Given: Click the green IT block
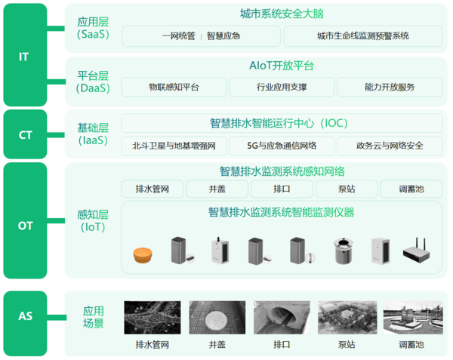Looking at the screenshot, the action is [x=25, y=55].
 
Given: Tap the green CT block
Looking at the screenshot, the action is [x=25, y=134].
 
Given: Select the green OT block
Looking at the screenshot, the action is [x=25, y=220].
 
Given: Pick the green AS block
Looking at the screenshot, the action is [x=25, y=323].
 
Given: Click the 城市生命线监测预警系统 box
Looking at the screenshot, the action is [x=363, y=36].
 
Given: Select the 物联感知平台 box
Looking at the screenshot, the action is [x=174, y=87].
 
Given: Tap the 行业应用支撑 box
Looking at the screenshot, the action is [x=282, y=87].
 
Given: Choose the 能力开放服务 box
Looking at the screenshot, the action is [x=390, y=87].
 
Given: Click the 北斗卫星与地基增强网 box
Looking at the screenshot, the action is [x=174, y=146].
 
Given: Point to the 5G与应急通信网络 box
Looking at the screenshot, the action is [x=282, y=146].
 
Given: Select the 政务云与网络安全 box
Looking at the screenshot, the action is [x=390, y=146].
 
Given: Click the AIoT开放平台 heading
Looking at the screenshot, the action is [x=282, y=66].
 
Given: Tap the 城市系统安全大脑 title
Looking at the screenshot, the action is [x=282, y=14].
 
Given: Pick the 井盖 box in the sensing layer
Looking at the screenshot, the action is [x=217, y=189].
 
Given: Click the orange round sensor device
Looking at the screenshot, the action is [x=143, y=255].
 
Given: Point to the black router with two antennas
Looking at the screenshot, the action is [x=417, y=251].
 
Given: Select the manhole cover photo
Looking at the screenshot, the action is [x=217, y=318].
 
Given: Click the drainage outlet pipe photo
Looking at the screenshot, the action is [x=282, y=318].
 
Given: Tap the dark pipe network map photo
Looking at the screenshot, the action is [x=153, y=318].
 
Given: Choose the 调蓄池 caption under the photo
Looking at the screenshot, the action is [x=411, y=345].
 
